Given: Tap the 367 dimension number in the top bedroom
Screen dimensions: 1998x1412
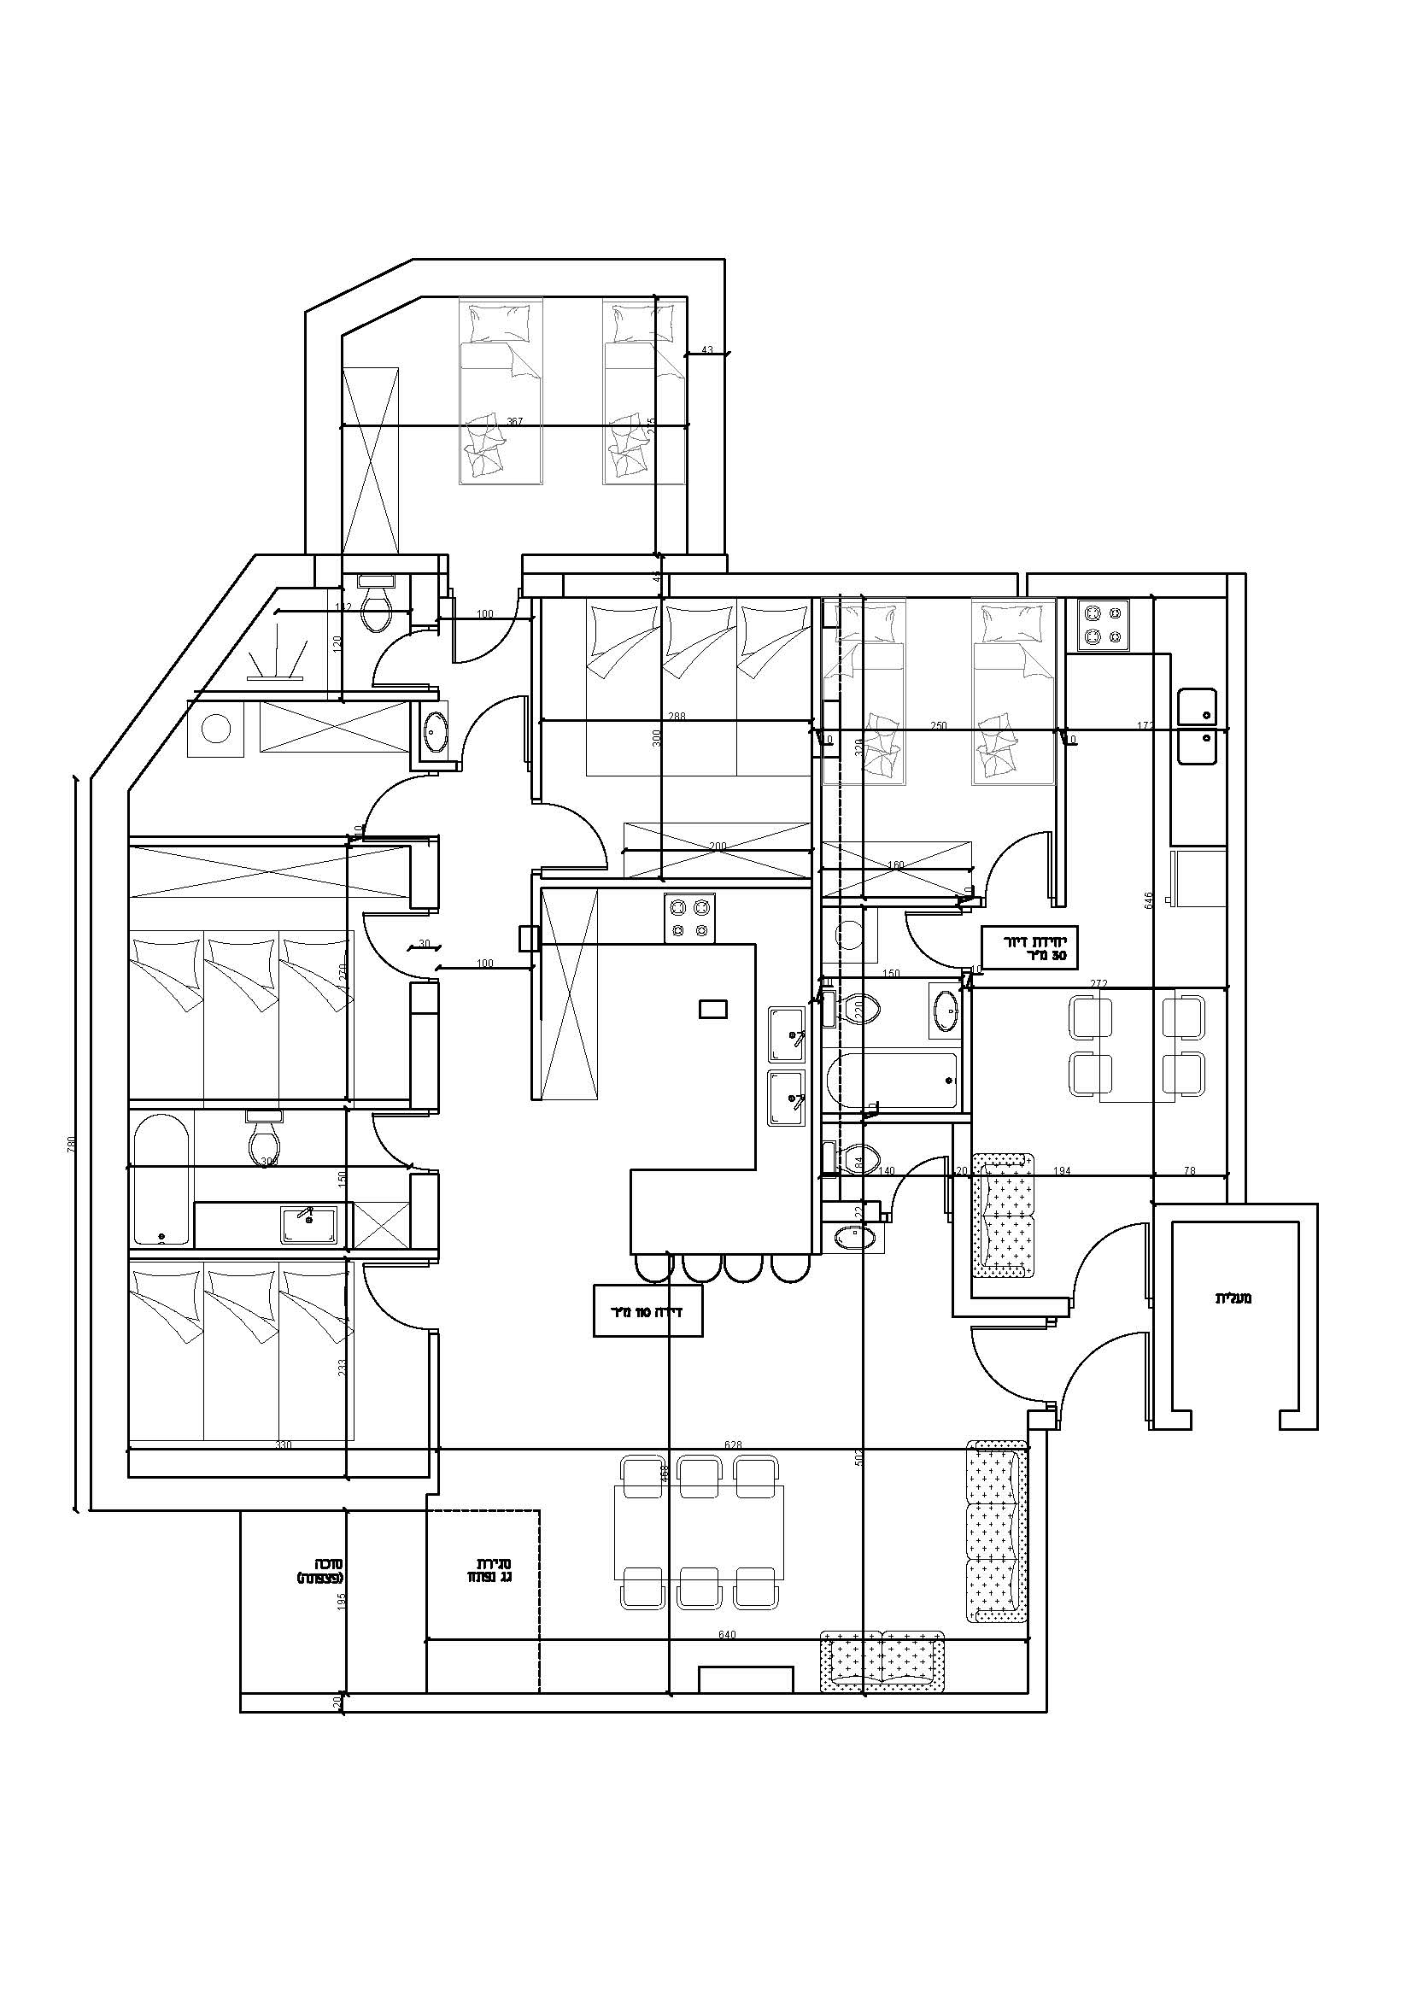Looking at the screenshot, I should coord(514,421).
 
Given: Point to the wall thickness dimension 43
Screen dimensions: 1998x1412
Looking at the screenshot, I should coord(706,350).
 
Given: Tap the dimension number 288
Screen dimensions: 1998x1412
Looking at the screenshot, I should coord(676,716).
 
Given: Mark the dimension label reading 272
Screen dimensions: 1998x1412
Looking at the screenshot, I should coord(1099,983).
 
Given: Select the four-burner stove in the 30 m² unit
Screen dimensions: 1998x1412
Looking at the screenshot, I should coord(1103,624).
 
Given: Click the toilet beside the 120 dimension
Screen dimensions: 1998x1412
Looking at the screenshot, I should coord(377,606).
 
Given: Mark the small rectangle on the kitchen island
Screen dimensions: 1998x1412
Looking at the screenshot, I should coord(712,1009).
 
